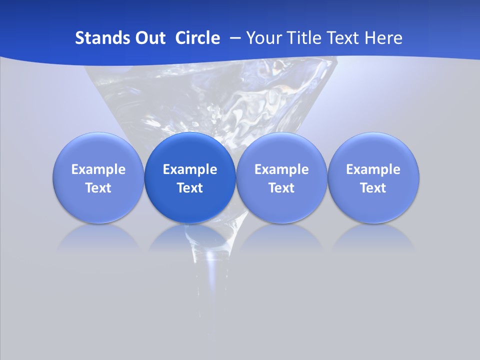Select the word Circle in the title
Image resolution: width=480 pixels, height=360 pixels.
click(x=197, y=38)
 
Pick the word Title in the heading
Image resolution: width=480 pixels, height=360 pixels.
click(x=302, y=38)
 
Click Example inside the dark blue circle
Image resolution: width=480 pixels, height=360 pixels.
click(x=190, y=169)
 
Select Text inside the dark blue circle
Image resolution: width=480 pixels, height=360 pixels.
click(x=190, y=188)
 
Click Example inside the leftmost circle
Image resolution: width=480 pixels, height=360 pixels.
click(x=98, y=169)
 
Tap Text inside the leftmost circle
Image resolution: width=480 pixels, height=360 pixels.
click(x=98, y=188)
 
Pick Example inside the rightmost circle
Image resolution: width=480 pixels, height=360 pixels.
click(x=373, y=169)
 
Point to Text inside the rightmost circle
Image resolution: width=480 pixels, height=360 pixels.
click(x=373, y=188)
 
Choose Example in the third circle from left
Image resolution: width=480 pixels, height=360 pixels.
click(x=281, y=169)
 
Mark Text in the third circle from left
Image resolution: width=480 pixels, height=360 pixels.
click(x=281, y=188)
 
